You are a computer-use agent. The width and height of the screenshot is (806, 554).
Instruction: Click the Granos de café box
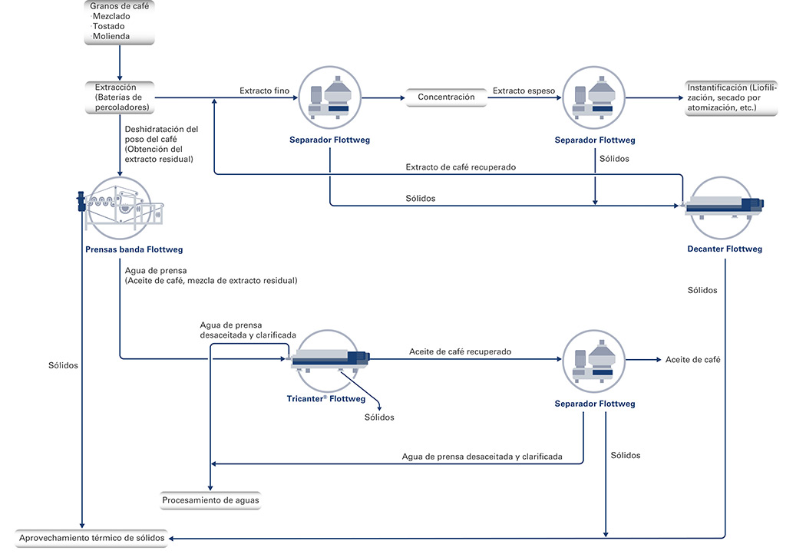[119, 22]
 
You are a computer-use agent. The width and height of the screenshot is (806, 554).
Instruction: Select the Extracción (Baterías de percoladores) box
[120, 97]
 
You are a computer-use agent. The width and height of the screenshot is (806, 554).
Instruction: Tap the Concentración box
[446, 97]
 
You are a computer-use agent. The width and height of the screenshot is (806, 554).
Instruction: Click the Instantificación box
[731, 97]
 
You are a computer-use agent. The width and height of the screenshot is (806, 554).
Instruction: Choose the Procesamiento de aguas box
[210, 500]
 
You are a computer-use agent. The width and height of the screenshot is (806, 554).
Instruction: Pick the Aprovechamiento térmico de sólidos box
[91, 538]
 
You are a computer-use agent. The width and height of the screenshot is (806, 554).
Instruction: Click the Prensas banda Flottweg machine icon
[120, 208]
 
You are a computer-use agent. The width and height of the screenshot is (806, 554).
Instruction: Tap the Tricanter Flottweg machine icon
[328, 361]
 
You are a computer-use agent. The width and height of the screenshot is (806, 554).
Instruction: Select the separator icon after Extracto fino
[329, 97]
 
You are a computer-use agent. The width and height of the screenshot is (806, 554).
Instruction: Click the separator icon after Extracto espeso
[594, 97]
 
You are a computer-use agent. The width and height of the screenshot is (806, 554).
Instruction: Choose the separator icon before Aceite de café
[594, 361]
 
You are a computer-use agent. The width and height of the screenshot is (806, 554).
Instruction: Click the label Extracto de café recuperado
[461, 167]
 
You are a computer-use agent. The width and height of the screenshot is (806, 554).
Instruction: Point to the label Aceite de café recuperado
[460, 351]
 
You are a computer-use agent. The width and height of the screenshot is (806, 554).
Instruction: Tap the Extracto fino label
[264, 91]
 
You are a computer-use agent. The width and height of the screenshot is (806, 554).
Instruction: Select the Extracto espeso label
[524, 91]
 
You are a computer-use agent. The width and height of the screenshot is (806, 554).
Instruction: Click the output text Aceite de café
[693, 360]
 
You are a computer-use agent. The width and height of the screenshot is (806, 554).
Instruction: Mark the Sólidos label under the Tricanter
[379, 417]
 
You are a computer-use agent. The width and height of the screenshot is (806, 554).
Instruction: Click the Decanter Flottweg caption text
[725, 249]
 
